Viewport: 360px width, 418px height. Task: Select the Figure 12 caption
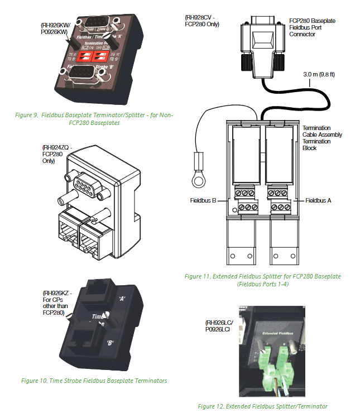pos(262,406)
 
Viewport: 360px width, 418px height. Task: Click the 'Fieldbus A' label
pos(319,200)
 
